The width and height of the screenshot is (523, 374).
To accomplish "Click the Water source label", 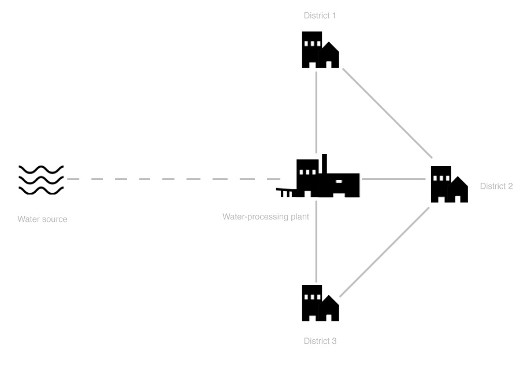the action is [x=42, y=219].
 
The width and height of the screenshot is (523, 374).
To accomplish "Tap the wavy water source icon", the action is [x=41, y=180].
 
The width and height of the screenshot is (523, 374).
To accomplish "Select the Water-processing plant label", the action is [x=266, y=217].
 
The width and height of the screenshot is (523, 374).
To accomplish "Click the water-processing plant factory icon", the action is [x=318, y=176].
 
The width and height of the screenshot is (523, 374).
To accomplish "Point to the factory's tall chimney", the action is [x=324, y=164].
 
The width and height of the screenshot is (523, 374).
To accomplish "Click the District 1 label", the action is [x=320, y=16].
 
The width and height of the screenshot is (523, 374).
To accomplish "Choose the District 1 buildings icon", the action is [x=321, y=50].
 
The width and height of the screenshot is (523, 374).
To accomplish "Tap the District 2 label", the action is [x=496, y=186].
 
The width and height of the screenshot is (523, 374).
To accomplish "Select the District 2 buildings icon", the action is [x=449, y=184].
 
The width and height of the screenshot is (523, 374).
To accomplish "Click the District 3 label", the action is [x=320, y=341].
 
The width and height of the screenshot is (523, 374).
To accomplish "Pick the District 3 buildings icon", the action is [x=321, y=303].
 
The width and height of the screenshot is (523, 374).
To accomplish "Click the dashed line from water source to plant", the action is [x=173, y=179].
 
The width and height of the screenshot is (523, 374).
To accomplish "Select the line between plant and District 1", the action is [x=316, y=112].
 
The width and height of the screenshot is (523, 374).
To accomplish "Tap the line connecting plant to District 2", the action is [x=394, y=179].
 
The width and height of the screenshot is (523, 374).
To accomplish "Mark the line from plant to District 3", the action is [x=316, y=241].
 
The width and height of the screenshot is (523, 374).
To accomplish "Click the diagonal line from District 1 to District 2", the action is [x=388, y=113].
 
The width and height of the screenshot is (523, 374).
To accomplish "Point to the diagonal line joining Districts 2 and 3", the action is [x=384, y=252].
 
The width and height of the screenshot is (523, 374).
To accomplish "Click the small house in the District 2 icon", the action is [x=458, y=190].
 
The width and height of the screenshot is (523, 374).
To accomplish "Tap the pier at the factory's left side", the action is [x=284, y=193].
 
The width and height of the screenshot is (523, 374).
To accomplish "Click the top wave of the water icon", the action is [x=41, y=170].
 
